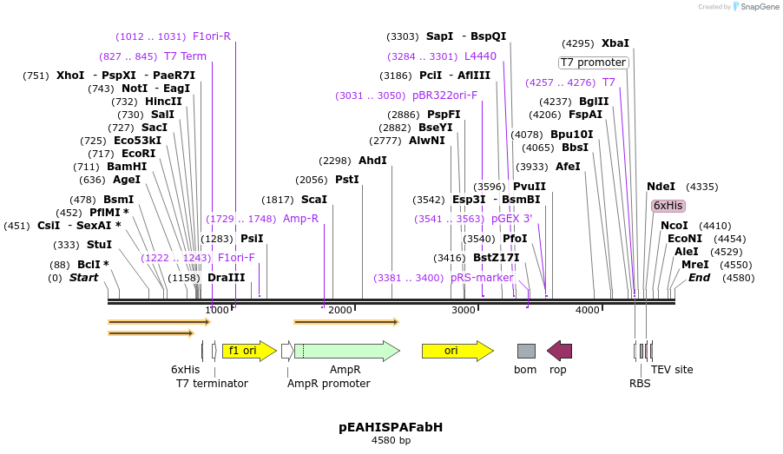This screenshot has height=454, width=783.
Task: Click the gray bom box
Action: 526,351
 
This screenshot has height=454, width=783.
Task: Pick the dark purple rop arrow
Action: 559,351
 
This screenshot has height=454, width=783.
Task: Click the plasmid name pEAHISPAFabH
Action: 391,427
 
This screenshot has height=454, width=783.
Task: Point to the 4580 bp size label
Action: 391,441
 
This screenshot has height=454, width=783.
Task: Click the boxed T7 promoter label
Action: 593,63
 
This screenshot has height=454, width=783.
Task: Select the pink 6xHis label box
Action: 668,206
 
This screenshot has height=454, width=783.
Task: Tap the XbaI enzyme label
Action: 615,43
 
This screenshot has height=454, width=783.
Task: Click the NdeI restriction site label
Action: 661,186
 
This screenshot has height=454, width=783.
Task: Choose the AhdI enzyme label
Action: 372,160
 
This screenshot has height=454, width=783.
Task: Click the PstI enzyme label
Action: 346,180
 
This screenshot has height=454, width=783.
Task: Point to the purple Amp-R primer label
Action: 300,219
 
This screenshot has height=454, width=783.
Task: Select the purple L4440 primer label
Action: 480,56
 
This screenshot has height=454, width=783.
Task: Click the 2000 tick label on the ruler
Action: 340,310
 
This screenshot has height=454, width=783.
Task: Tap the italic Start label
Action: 84,278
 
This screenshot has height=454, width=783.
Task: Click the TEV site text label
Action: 672,369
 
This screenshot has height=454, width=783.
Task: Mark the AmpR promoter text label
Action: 328,383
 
